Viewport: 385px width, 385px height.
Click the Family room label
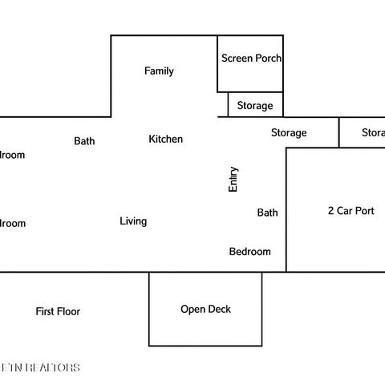click(x=159, y=71)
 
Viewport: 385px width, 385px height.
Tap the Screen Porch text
click(x=251, y=59)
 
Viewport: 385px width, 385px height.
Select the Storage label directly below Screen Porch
click(x=254, y=106)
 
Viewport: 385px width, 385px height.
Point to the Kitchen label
click(x=165, y=140)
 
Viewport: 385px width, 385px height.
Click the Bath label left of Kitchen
click(x=84, y=141)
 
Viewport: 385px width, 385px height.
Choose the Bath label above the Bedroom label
click(x=267, y=213)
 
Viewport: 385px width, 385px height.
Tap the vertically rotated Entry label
click(x=233, y=179)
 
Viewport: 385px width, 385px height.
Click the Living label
click(x=133, y=221)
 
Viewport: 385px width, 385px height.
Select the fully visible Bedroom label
click(x=249, y=252)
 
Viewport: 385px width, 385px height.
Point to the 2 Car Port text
click(x=351, y=212)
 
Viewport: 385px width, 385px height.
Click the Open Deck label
click(x=205, y=310)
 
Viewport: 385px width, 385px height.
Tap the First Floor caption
click(x=58, y=311)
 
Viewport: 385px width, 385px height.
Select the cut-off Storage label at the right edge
click(x=373, y=133)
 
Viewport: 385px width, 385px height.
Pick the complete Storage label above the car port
click(x=289, y=133)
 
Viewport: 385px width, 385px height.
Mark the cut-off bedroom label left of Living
click(x=12, y=224)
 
